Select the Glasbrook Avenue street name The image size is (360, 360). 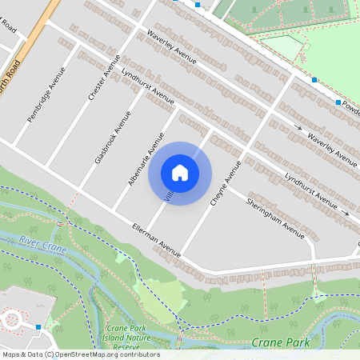(x=112, y=137)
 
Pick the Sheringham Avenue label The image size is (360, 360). (x=275, y=217)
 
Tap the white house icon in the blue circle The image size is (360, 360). (x=180, y=173)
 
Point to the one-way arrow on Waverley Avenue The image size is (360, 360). (x=298, y=127)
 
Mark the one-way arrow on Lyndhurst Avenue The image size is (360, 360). (x=346, y=214)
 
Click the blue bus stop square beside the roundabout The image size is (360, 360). (x=38, y=326)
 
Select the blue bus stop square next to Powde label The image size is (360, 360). (x=338, y=102)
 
